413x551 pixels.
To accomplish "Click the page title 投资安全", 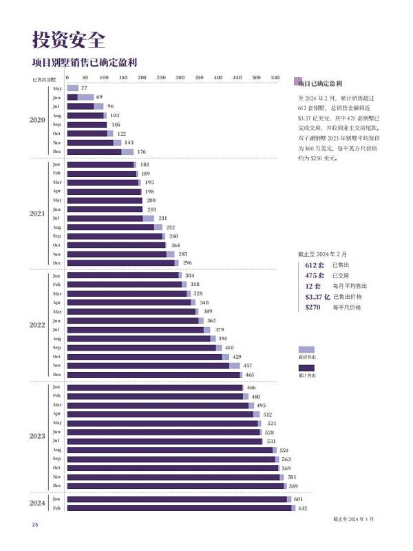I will pyautogui.click(x=69, y=39).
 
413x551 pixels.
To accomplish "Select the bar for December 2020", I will pyautogui.click(x=100, y=152).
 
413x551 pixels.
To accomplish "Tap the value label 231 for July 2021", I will pyautogui.click(x=163, y=218).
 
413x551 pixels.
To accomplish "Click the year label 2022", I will pyautogui.click(x=37, y=324).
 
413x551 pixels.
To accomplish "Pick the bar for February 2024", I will pyautogui.click(x=180, y=508).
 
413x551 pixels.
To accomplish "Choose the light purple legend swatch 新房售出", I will pyautogui.click(x=307, y=350).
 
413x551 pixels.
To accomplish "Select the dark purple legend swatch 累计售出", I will pyautogui.click(x=307, y=368).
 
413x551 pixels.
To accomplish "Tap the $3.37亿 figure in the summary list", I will pyautogui.click(x=317, y=297).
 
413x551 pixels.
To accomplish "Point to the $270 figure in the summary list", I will pyautogui.click(x=313, y=307).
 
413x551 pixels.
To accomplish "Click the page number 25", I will pyautogui.click(x=34, y=526).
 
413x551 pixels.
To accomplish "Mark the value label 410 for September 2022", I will pyautogui.click(x=229, y=348).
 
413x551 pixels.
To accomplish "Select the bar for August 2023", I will pyautogui.click(x=171, y=450).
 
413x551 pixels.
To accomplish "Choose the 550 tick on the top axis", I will pyautogui.click(x=275, y=78).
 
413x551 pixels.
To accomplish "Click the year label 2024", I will pyautogui.click(x=37, y=503).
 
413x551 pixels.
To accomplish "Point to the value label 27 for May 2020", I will pyautogui.click(x=84, y=88).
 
